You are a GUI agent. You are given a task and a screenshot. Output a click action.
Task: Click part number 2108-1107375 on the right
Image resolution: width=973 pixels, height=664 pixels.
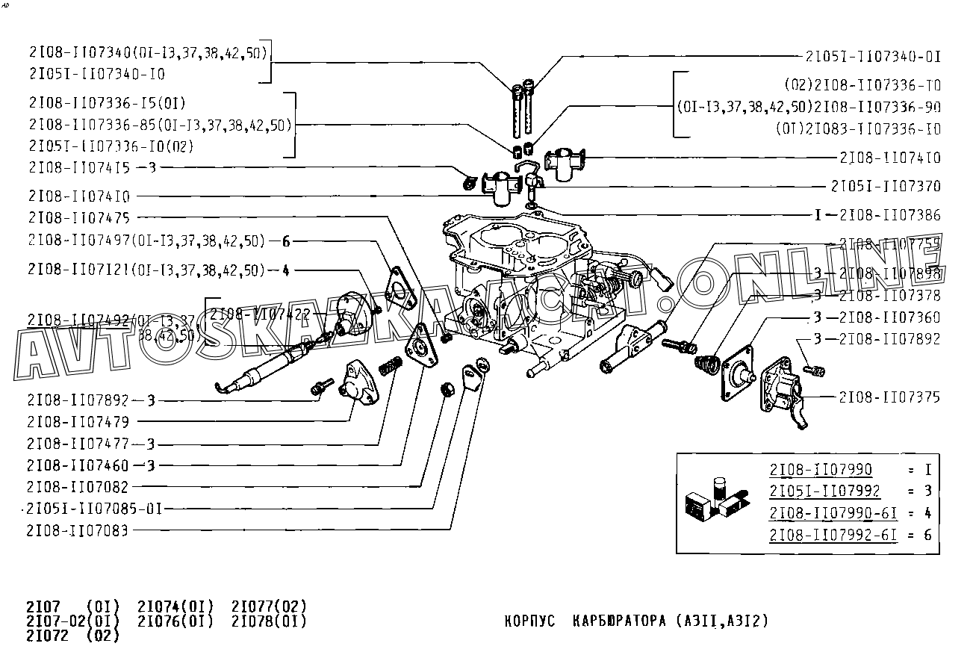pos(889,397)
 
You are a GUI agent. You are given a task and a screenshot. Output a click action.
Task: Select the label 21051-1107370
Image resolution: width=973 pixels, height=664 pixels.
pos(886,186)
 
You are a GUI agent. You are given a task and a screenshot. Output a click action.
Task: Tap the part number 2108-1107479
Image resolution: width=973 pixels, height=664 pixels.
pos(78,422)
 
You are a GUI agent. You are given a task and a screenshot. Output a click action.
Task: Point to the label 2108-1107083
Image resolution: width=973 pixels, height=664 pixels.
pos(78,530)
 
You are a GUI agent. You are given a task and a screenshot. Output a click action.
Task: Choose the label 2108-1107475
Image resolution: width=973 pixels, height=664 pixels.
pos(78,218)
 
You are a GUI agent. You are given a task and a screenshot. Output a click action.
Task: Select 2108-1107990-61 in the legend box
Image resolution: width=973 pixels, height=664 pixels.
pos(833,513)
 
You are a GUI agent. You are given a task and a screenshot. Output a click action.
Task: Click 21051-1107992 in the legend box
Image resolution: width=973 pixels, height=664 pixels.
pos(824,491)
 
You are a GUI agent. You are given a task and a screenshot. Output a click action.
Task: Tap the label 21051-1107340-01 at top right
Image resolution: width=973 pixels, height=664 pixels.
pos(873,56)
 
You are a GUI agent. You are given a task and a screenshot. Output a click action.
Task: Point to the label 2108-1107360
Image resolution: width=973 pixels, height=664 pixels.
pos(889,317)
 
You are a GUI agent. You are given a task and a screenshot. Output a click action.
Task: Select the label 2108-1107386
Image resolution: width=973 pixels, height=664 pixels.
pos(889,216)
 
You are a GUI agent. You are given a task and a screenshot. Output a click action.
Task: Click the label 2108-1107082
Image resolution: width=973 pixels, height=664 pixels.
pos(78,487)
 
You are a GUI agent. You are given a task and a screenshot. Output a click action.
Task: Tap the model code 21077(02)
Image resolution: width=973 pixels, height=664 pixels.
pos(269,605)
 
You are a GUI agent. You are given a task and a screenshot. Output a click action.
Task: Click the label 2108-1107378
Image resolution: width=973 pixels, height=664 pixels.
pos(889,296)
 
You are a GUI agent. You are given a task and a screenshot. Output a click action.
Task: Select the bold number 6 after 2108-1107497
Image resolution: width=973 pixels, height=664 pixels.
pos(285,241)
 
